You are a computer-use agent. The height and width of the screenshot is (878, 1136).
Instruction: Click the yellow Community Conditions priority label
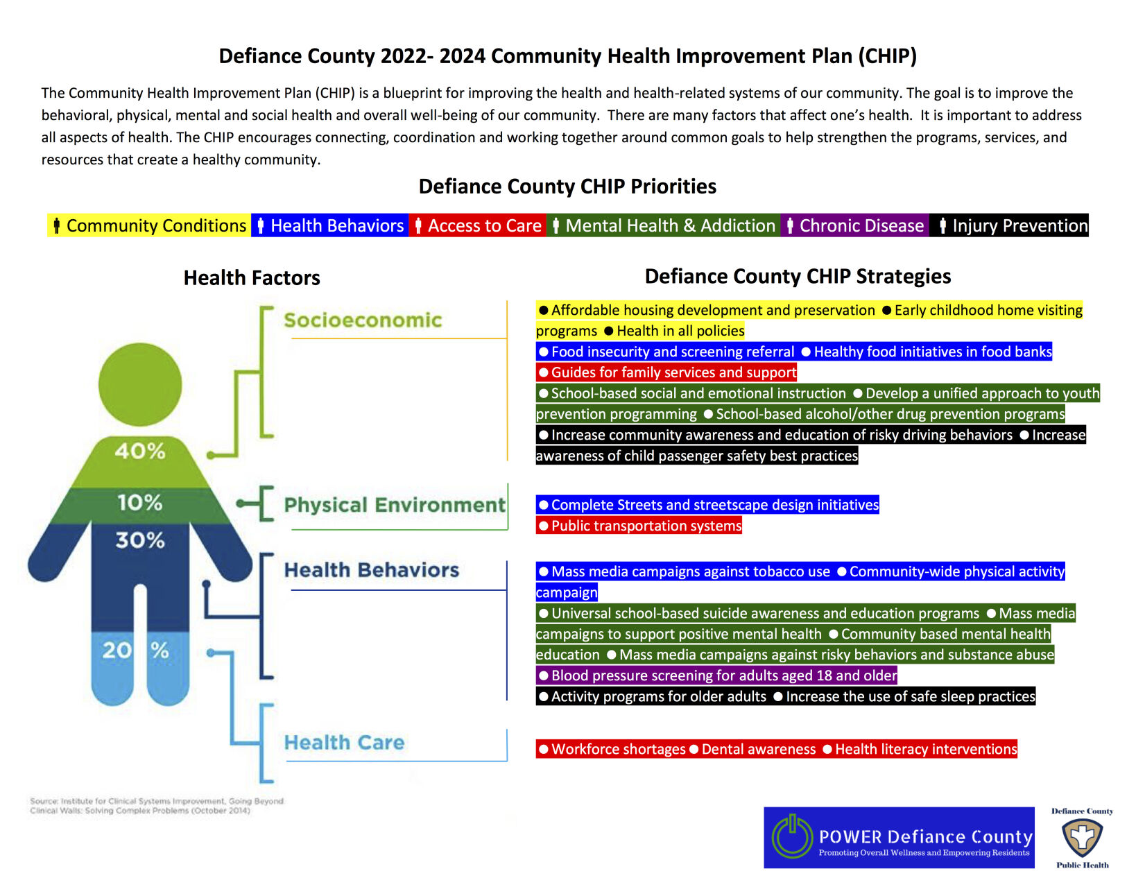point(149,225)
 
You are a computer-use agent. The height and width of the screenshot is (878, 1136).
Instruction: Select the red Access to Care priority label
point(478,225)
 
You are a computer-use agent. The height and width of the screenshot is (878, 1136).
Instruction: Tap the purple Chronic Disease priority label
point(855,225)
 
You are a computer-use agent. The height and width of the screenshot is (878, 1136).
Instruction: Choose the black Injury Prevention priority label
point(1011,225)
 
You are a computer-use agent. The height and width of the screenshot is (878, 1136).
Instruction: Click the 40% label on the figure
point(140,451)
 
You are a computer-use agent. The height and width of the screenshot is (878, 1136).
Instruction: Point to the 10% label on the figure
point(139,502)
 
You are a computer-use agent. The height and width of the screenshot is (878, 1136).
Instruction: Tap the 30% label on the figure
point(140,540)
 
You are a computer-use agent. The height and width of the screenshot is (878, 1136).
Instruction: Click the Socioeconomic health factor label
point(363,320)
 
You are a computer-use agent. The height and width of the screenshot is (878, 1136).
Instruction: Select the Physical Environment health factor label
point(395,504)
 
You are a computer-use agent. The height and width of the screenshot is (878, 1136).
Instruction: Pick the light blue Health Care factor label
point(344,742)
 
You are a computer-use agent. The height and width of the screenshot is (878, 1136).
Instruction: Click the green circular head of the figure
point(140,384)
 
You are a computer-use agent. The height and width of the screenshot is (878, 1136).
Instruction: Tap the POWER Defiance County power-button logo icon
point(792,836)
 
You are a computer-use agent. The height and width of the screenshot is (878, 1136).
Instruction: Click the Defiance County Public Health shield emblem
point(1083,838)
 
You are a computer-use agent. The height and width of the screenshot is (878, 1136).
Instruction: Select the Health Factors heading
point(252,277)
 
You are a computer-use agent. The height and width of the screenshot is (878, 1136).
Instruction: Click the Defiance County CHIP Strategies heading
point(798,276)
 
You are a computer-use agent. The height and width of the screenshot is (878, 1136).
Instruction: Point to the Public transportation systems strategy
point(639,526)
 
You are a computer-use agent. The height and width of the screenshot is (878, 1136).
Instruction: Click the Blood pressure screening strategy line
point(716,675)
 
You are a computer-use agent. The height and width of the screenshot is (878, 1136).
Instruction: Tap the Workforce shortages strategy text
point(612,749)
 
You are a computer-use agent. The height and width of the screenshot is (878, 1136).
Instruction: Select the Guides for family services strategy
point(666,372)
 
